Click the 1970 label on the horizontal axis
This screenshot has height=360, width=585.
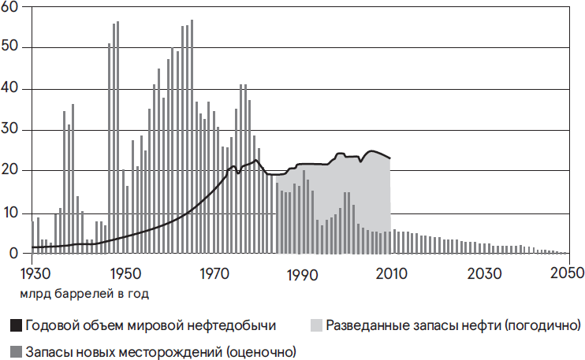(212, 273)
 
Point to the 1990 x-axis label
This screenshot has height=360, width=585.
(302, 273)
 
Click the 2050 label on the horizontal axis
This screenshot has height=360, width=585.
(566, 273)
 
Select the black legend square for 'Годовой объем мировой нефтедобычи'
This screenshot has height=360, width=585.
(16, 325)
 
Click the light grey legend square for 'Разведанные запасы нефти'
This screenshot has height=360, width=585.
(316, 325)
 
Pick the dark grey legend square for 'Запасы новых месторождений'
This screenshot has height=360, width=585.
(16, 350)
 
